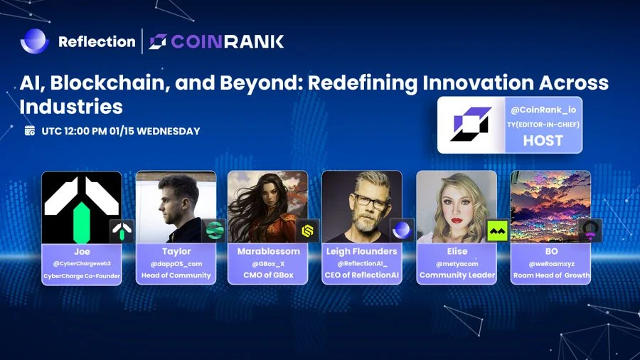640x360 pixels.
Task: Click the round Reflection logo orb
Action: (x=35, y=41)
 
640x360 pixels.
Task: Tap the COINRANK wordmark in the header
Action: (x=228, y=42)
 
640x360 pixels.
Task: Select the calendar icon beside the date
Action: (x=30, y=131)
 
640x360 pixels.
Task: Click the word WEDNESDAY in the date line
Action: (x=168, y=131)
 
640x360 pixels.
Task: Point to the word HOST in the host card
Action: (x=543, y=141)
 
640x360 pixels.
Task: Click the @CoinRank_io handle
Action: (x=543, y=110)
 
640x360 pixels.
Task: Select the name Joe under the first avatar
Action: (x=82, y=251)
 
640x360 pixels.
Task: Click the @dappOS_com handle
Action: (x=176, y=264)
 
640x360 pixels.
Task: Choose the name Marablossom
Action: (x=269, y=251)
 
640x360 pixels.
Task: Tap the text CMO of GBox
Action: (x=269, y=275)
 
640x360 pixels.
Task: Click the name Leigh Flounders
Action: (x=362, y=251)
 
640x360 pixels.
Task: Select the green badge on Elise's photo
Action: (x=498, y=231)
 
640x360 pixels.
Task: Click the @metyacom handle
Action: (x=457, y=264)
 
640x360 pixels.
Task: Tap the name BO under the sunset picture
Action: (x=551, y=251)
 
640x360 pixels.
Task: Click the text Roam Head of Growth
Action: (x=551, y=275)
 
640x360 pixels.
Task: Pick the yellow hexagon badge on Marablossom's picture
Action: (x=308, y=231)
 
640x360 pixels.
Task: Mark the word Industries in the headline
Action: (x=71, y=107)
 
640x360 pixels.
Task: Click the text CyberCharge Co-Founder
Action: (x=82, y=276)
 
